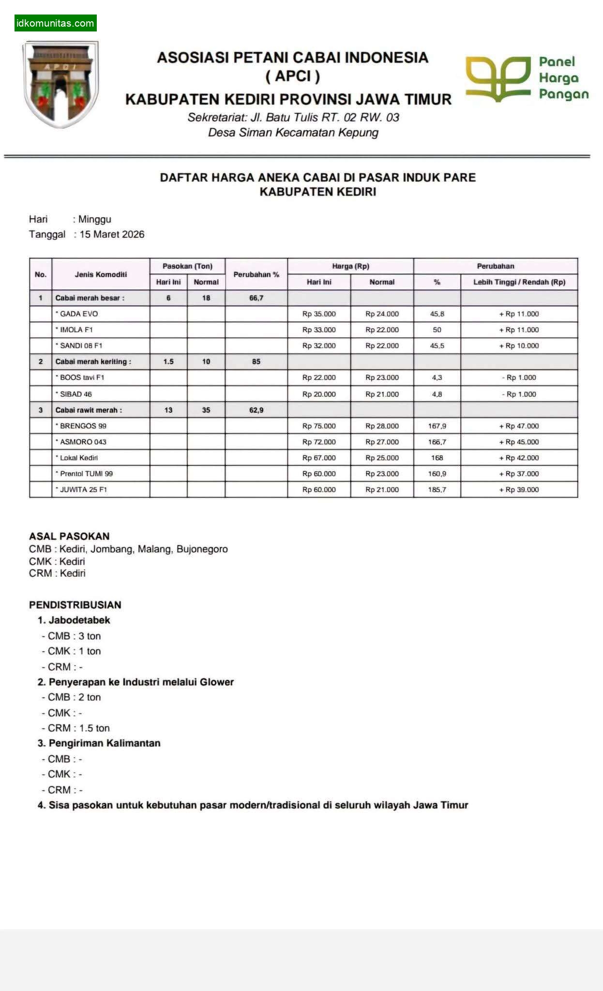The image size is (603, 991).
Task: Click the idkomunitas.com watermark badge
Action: point(55,23)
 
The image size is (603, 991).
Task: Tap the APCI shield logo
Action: point(60,83)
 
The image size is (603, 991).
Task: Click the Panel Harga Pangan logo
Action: point(527,78)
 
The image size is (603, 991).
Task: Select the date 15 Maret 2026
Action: point(112,234)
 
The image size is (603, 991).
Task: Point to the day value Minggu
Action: point(95,219)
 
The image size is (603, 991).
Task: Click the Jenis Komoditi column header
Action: point(101,274)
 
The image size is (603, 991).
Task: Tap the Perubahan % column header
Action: point(256,274)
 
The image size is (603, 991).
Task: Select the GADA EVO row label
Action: point(79,314)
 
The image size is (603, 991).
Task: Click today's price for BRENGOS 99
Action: point(319,426)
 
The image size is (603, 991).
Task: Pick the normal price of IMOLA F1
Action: point(382,330)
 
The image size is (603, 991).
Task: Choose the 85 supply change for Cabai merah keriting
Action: point(256,361)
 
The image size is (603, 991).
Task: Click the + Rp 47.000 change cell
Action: point(519,426)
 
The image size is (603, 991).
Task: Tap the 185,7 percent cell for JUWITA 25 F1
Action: point(437,490)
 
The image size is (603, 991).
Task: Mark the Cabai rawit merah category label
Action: point(89,410)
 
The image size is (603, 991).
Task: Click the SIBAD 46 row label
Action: point(76,394)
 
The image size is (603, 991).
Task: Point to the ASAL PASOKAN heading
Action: point(69,536)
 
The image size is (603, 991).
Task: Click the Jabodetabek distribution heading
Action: point(79,620)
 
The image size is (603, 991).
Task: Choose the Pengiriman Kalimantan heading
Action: point(104,743)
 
